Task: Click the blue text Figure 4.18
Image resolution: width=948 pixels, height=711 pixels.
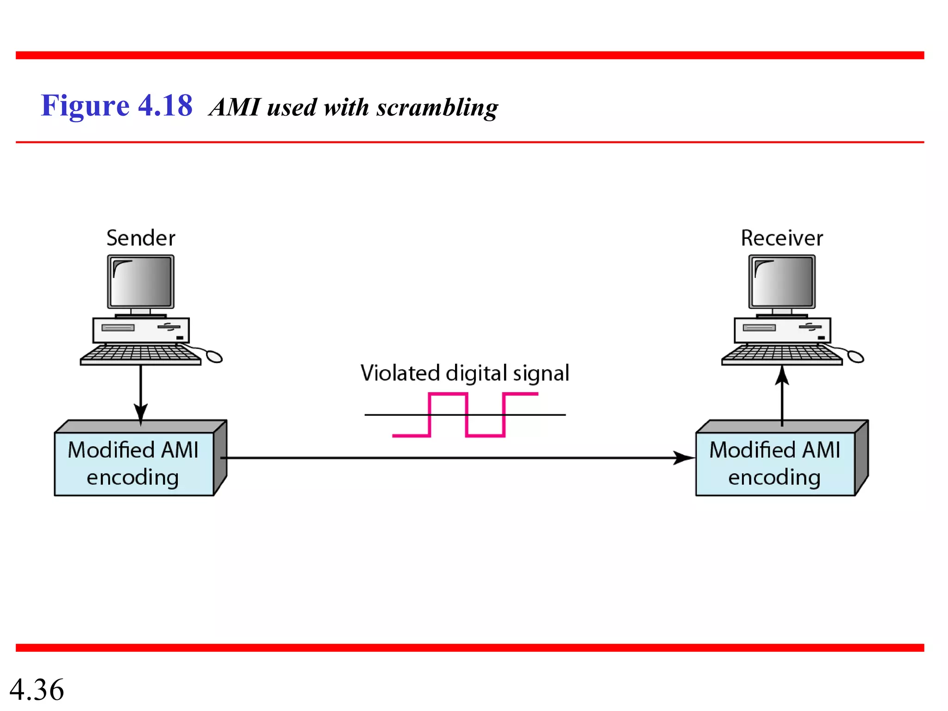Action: [x=117, y=106]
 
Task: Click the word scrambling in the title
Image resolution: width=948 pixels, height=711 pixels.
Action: [x=437, y=108]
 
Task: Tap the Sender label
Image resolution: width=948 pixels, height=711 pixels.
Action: [x=141, y=238]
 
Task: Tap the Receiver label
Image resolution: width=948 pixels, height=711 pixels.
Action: [x=782, y=238]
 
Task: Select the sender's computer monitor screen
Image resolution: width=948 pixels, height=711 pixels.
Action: [x=141, y=281]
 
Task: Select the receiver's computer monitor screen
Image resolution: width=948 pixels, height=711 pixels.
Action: [x=782, y=281]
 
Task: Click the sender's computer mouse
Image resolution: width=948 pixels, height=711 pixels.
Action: [x=214, y=356]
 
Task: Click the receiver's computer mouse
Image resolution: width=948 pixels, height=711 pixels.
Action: [x=855, y=356]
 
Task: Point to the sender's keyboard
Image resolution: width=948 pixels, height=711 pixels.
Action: [x=140, y=355]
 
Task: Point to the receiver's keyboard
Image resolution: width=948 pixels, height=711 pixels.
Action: [x=781, y=355]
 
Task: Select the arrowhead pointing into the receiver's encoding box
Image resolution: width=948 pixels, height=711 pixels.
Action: [x=684, y=458]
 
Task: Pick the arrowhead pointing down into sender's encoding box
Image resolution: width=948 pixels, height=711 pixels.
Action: [x=141, y=412]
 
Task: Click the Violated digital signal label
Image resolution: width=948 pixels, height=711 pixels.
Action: [x=465, y=373]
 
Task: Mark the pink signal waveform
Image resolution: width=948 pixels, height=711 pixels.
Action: [x=467, y=415]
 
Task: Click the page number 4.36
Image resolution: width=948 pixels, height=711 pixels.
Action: [x=37, y=689]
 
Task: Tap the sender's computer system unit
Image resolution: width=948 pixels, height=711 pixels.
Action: [x=141, y=330]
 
